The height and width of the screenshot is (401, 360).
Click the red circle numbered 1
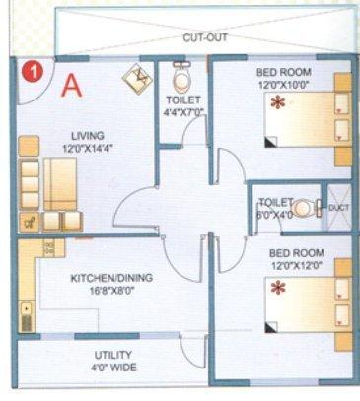[x=33, y=71]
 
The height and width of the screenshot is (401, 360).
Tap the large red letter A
[x=71, y=85]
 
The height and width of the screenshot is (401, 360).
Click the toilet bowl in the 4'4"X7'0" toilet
[x=180, y=75]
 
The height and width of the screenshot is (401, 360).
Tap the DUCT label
[x=338, y=207]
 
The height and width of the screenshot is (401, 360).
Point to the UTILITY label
[x=114, y=355]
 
